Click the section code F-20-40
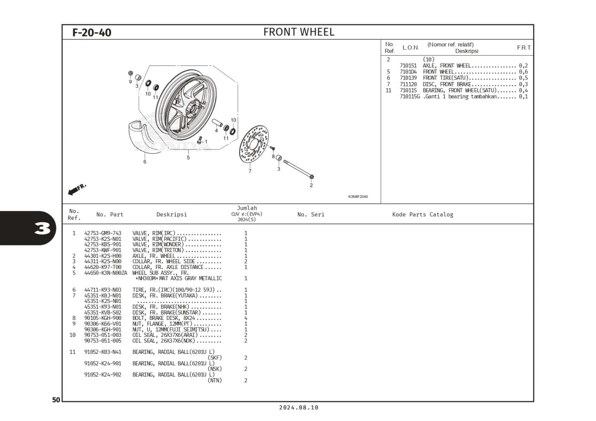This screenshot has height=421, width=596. pyautogui.click(x=92, y=32)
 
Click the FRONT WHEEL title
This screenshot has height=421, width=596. pyautogui.click(x=298, y=32)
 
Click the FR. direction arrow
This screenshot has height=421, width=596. pyautogui.click(x=77, y=189)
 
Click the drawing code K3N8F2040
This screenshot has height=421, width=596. pyautogui.click(x=358, y=197)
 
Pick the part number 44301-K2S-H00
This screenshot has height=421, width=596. pyautogui.click(x=103, y=256)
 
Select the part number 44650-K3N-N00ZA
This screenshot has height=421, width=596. pyautogui.click(x=106, y=273)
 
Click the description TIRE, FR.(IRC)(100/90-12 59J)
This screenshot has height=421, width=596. pyautogui.click(x=177, y=290)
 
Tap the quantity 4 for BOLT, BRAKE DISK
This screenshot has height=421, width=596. pyautogui.click(x=246, y=318)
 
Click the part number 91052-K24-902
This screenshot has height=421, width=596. pyautogui.click(x=103, y=375)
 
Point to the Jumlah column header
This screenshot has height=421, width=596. pyautogui.click(x=247, y=208)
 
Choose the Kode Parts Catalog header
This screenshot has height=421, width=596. pyautogui.click(x=423, y=214)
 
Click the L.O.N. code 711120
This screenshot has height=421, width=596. pyautogui.click(x=408, y=84)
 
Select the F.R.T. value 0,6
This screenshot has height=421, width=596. pyautogui.click(x=523, y=72)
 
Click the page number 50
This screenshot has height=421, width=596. pyautogui.click(x=56, y=400)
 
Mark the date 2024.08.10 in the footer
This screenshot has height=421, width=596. pyautogui.click(x=298, y=407)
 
